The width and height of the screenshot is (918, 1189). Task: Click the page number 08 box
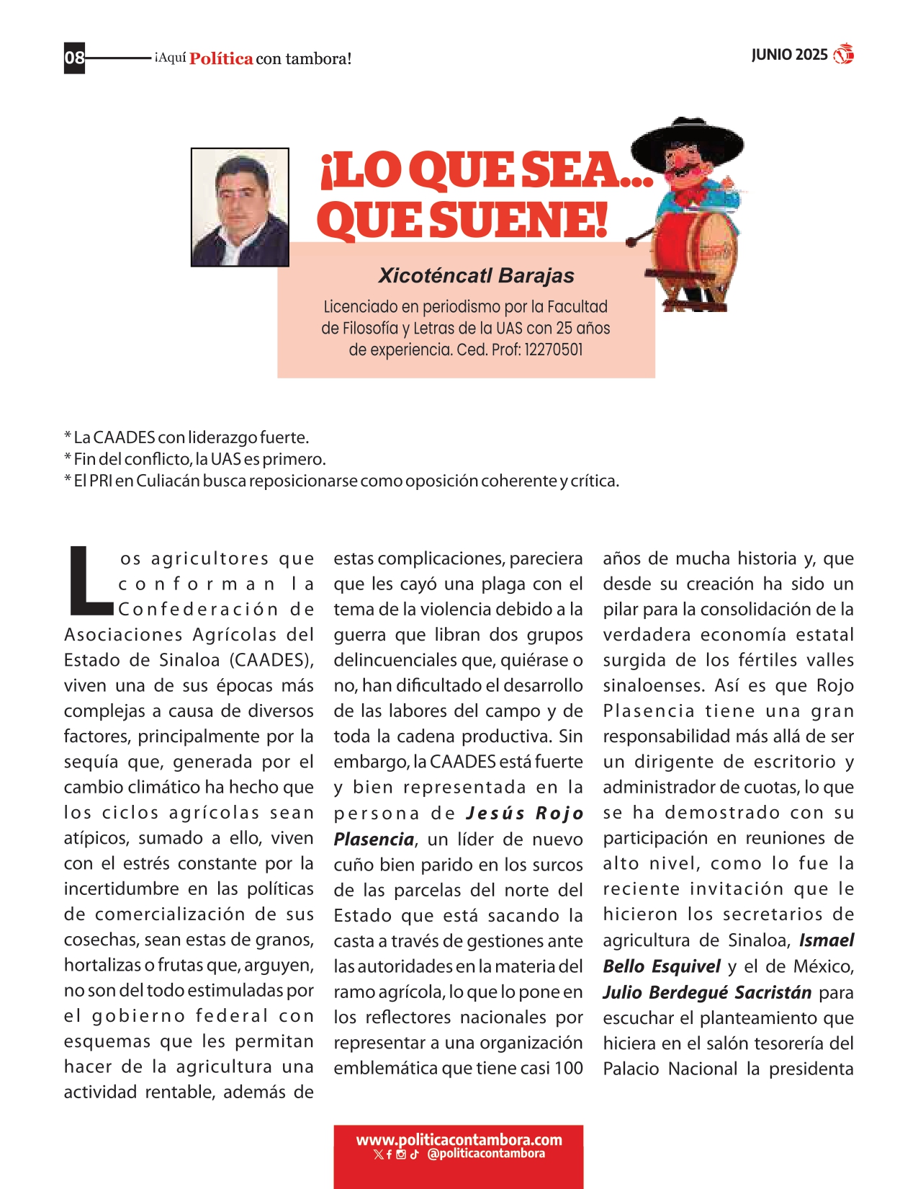pos(74,58)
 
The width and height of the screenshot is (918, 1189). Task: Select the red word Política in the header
pos(221,59)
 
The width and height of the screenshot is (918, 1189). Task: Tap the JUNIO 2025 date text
pos(789,55)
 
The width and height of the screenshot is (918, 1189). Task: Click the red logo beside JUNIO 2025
pos(843,54)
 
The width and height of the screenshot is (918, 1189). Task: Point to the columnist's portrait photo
pos(240,208)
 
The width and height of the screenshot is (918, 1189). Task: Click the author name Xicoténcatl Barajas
pos(476,275)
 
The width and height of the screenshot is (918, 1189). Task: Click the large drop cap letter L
pos(88,582)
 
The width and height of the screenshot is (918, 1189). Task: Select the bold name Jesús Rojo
pos(524,814)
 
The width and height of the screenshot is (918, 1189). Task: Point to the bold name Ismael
pos(826,940)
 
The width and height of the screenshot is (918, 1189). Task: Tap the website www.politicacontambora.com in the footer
pos(459,1140)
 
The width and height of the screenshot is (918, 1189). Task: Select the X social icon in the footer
pos(378,1154)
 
